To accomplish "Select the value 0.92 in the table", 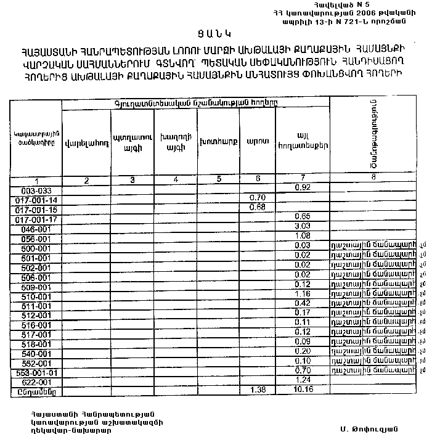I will (302, 187).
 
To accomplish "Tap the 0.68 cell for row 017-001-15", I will (258, 206).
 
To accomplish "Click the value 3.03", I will (302, 226).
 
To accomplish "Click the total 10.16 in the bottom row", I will (302, 390).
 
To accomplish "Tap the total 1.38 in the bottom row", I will (258, 390).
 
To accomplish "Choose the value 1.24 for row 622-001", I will (302, 380).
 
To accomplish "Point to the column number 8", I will (373, 177).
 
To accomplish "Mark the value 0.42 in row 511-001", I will (302, 304).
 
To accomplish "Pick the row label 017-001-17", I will (36, 219).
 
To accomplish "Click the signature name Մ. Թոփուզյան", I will (368, 429).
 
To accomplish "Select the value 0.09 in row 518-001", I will (302, 341).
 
